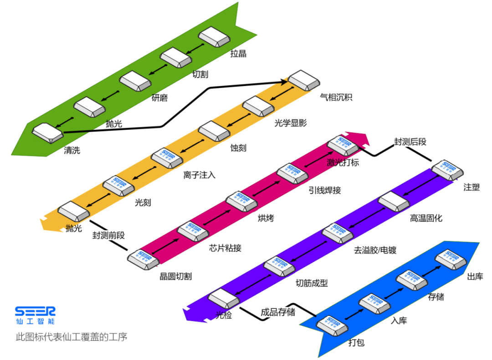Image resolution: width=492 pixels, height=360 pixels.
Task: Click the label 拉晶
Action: click(x=238, y=54)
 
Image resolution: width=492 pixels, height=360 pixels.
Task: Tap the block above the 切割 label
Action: click(x=175, y=57)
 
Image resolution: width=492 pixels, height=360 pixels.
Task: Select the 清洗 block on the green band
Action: click(x=47, y=132)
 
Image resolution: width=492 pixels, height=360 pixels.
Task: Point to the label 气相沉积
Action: click(x=336, y=97)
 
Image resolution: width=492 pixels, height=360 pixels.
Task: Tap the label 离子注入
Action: click(x=200, y=175)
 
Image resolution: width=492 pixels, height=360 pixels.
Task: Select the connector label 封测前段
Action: click(x=108, y=235)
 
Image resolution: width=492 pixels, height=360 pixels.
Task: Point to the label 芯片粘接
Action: click(x=225, y=248)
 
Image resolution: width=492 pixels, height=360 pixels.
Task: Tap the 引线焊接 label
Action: click(x=324, y=190)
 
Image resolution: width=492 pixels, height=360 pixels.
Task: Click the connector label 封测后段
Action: click(x=410, y=142)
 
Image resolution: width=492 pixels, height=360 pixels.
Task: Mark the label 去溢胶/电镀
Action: click(x=375, y=250)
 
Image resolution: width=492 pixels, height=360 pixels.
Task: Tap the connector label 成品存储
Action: click(x=277, y=312)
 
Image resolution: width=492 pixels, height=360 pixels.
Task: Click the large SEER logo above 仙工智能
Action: click(x=35, y=311)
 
